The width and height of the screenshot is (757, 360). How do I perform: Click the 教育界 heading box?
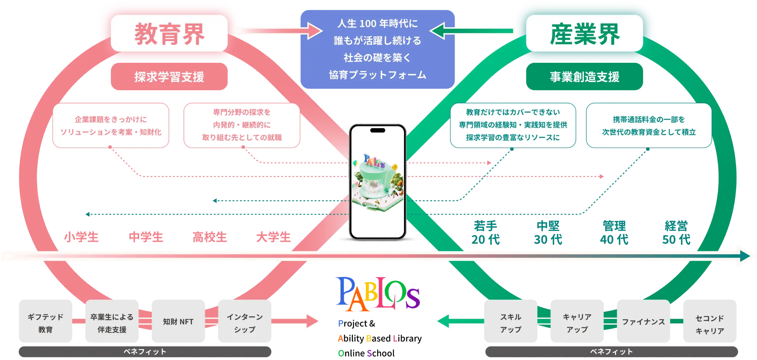169,33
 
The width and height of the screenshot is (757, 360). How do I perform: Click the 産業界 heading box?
584,33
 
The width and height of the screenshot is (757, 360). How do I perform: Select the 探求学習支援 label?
169,77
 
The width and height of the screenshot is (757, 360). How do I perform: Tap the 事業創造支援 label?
584,77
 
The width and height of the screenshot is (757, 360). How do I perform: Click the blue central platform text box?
378,49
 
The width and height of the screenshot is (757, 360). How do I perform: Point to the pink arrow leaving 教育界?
280,31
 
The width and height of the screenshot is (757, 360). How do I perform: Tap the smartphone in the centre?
378,182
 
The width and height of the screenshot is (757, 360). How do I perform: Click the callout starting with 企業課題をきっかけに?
111,126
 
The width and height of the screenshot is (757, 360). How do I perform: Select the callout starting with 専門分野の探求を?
242,125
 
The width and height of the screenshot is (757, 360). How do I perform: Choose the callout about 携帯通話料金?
649,126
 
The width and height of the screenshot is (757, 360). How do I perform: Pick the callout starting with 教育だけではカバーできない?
513,125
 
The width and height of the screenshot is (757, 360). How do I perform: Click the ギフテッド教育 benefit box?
45,322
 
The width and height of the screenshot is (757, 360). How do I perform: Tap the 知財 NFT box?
178,321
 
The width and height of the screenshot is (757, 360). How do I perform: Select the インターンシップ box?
245,322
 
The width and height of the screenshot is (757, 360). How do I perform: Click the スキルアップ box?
510,322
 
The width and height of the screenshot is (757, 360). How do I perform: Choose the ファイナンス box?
643,321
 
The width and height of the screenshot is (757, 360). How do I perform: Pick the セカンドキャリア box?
710,323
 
